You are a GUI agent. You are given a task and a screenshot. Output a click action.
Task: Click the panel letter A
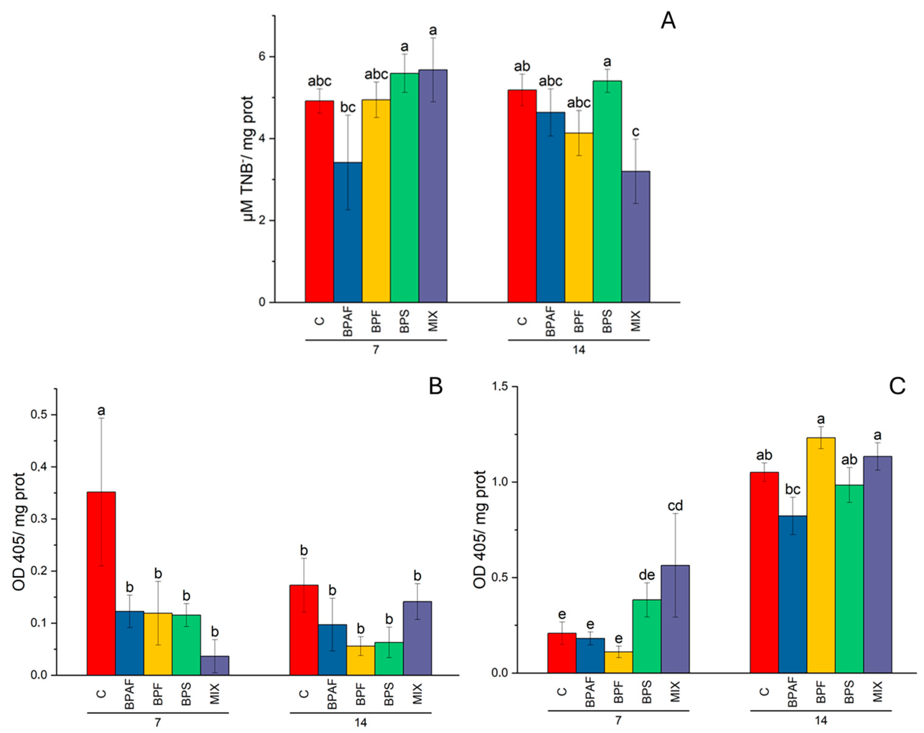pyautogui.click(x=668, y=21)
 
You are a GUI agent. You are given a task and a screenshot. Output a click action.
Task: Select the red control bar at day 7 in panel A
pyautogui.click(x=319, y=201)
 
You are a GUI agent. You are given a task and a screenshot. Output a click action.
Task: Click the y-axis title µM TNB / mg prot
pyautogui.click(x=248, y=158)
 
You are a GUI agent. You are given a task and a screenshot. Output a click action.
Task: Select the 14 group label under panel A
pyautogui.click(x=579, y=350)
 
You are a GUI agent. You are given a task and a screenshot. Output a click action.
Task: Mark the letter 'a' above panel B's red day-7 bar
pyautogui.click(x=101, y=411)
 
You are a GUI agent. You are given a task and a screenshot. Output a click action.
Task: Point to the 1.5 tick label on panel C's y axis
pyautogui.click(x=499, y=387)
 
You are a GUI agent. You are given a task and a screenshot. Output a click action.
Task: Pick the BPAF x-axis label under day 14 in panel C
pyautogui.click(x=792, y=692)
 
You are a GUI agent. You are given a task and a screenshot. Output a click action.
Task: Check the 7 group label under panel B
pyautogui.click(x=157, y=722)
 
